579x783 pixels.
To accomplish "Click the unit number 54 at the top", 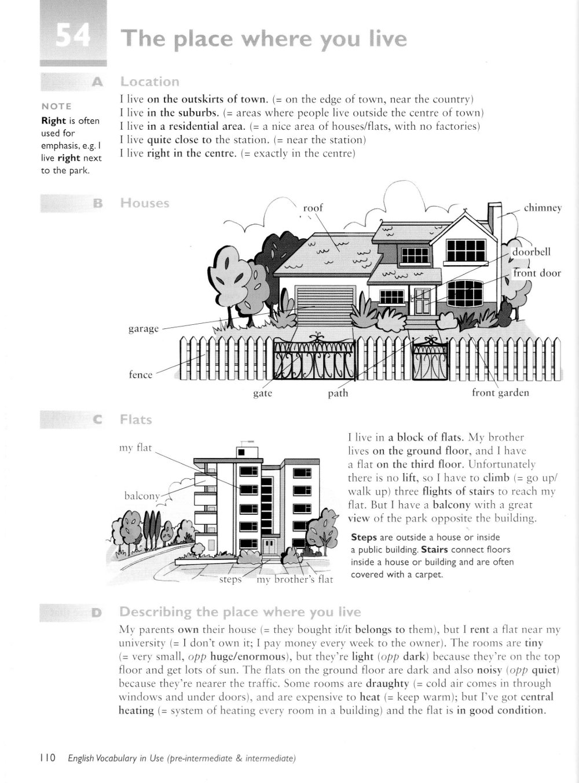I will tap(73, 38).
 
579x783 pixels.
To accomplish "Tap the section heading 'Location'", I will tap(149, 82).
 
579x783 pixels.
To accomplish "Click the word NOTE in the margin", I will tap(57, 106).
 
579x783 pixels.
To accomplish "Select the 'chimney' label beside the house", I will tap(543, 208).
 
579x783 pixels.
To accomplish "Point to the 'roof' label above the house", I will tap(313, 207).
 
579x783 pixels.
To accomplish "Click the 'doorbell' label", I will tap(532, 252).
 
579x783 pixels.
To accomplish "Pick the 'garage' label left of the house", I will tap(143, 329).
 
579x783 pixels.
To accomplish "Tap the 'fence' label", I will tap(140, 375).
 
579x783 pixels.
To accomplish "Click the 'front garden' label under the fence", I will tap(500, 393).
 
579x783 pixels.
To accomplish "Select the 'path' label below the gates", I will tap(338, 393).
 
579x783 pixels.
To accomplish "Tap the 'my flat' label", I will tap(135, 447).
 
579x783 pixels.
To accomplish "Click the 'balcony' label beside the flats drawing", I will tap(142, 496).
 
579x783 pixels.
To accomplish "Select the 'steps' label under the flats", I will tap(230, 579).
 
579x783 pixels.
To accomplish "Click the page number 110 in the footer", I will tap(47, 758).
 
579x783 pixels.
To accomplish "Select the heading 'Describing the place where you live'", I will tap(240, 612).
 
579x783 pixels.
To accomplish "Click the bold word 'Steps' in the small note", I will tap(364, 537).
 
